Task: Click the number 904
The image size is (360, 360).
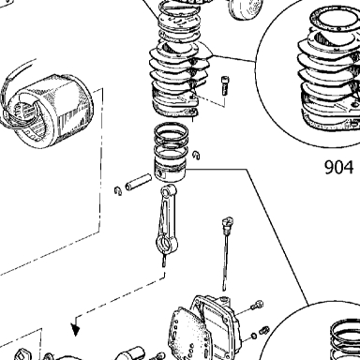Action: pyautogui.click(x=339, y=167)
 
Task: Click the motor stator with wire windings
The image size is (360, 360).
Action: pyautogui.click(x=47, y=110)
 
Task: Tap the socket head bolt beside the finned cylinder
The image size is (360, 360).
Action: pyautogui.click(x=225, y=85)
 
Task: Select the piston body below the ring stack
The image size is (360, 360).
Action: pyautogui.click(x=171, y=172)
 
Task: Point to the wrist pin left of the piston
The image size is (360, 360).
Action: pyautogui.click(x=139, y=183)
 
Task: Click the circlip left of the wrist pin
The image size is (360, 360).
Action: pyautogui.click(x=118, y=190)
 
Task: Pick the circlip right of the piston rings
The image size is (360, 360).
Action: pyautogui.click(x=196, y=155)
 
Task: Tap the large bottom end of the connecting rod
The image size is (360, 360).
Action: pyautogui.click(x=166, y=243)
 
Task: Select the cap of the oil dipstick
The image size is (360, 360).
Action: pyautogui.click(x=227, y=223)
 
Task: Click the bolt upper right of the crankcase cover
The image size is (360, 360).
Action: pyautogui.click(x=257, y=305)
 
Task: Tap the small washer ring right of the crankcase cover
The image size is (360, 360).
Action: pyautogui.click(x=254, y=336)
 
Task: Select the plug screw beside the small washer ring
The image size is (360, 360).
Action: pyautogui.click(x=264, y=329)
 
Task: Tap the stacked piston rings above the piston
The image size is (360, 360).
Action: pyautogui.click(x=171, y=141)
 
